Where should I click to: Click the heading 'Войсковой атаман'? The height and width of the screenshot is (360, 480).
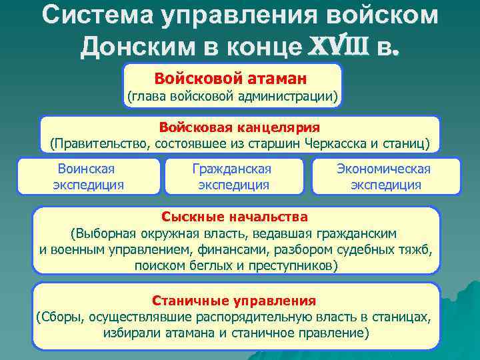click(x=231, y=79)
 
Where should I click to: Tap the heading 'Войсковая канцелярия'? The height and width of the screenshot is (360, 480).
click(x=239, y=127)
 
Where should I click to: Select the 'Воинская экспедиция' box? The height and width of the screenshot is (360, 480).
click(x=88, y=177)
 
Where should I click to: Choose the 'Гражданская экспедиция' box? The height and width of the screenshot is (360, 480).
click(x=233, y=177)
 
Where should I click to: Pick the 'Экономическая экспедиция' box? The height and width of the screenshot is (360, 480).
click(x=385, y=177)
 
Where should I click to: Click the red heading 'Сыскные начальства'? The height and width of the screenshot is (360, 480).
click(x=235, y=217)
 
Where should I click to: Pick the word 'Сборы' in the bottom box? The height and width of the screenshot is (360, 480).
click(x=59, y=316)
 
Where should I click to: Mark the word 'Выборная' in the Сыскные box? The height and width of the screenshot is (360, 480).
click(x=105, y=233)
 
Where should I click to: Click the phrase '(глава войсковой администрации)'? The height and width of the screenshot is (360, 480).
click(x=233, y=97)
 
